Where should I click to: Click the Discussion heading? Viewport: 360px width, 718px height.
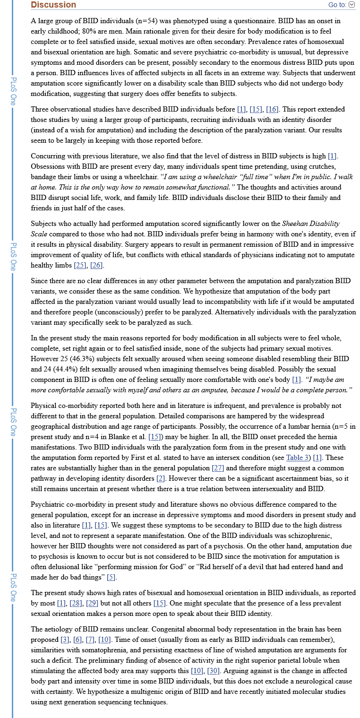53,5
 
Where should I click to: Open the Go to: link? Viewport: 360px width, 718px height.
337,5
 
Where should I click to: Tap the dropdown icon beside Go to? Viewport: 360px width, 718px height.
351,5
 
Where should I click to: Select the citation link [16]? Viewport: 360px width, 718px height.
272,109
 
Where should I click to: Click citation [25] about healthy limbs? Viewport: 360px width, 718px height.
80,265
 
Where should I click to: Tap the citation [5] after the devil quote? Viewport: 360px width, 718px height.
111,577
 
